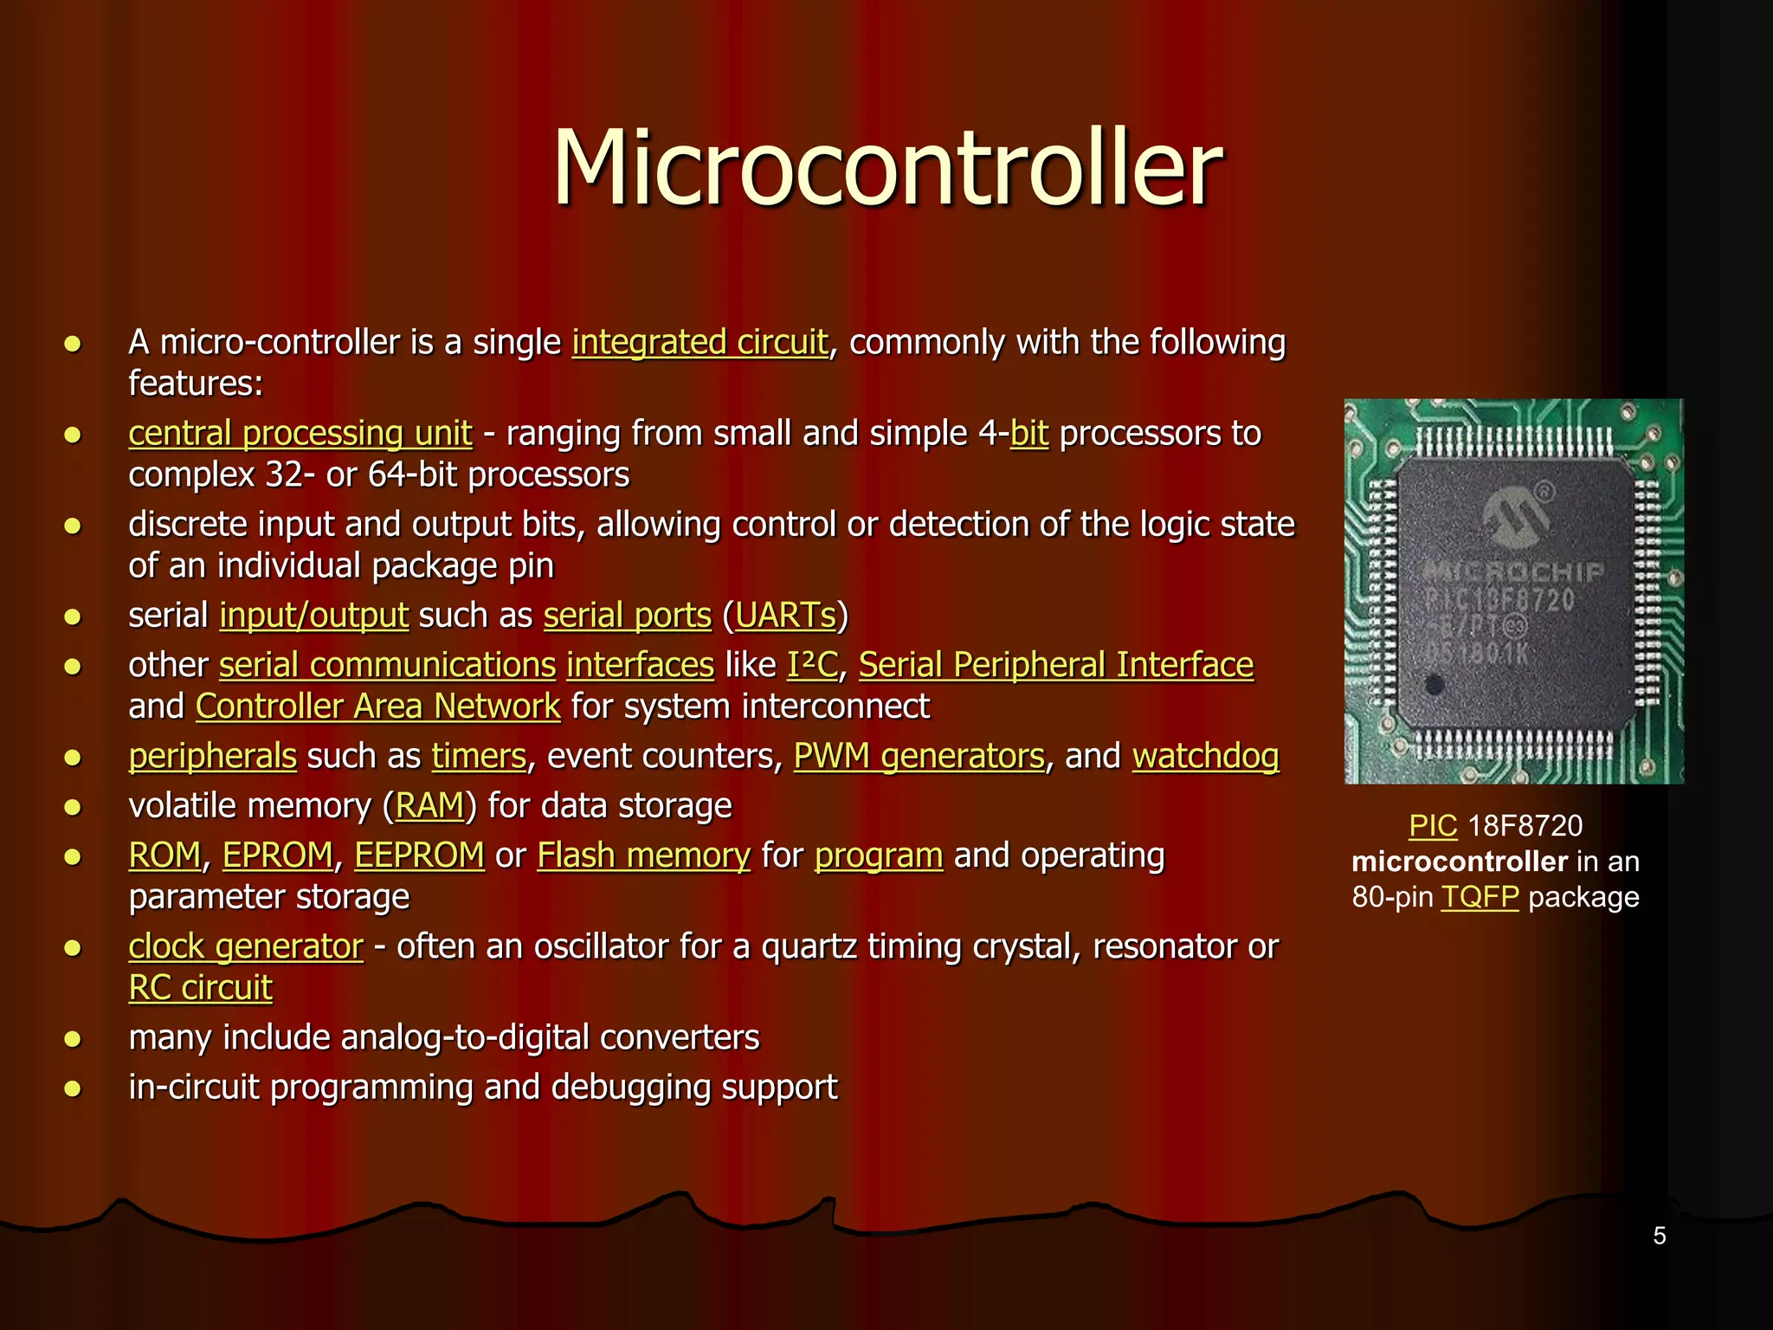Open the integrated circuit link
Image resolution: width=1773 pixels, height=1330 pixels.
pyautogui.click(x=700, y=343)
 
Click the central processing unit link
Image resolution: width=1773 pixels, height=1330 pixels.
pyautogui.click(x=300, y=434)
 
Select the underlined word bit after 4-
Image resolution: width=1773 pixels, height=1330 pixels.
pyautogui.click(x=1028, y=434)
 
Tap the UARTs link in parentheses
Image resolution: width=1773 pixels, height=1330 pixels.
pyautogui.click(x=786, y=616)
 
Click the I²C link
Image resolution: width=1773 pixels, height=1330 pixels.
pyautogui.click(x=812, y=665)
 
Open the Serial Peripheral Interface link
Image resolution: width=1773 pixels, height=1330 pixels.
pyautogui.click(x=1055, y=665)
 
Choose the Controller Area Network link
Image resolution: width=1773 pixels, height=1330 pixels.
pyautogui.click(x=377, y=707)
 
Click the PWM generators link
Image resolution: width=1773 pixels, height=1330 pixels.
pyautogui.click(x=919, y=757)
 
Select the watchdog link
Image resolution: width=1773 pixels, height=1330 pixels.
pyautogui.click(x=1205, y=757)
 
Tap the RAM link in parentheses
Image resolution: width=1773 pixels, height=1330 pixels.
pyautogui.click(x=429, y=806)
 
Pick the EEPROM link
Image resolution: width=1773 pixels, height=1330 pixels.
pyautogui.click(x=419, y=855)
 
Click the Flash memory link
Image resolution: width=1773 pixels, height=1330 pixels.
pyautogui.click(x=643, y=855)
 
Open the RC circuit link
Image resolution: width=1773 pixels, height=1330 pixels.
pyautogui.click(x=200, y=988)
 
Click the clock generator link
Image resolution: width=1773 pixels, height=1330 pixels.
pyautogui.click(x=246, y=946)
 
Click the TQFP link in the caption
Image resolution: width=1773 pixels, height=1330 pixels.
pyautogui.click(x=1480, y=897)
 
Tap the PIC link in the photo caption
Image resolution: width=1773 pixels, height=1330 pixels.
pyautogui.click(x=1433, y=826)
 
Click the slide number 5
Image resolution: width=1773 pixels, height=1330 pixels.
pyautogui.click(x=1659, y=1236)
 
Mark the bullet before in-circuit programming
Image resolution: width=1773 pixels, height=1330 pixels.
pyautogui.click(x=74, y=1088)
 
